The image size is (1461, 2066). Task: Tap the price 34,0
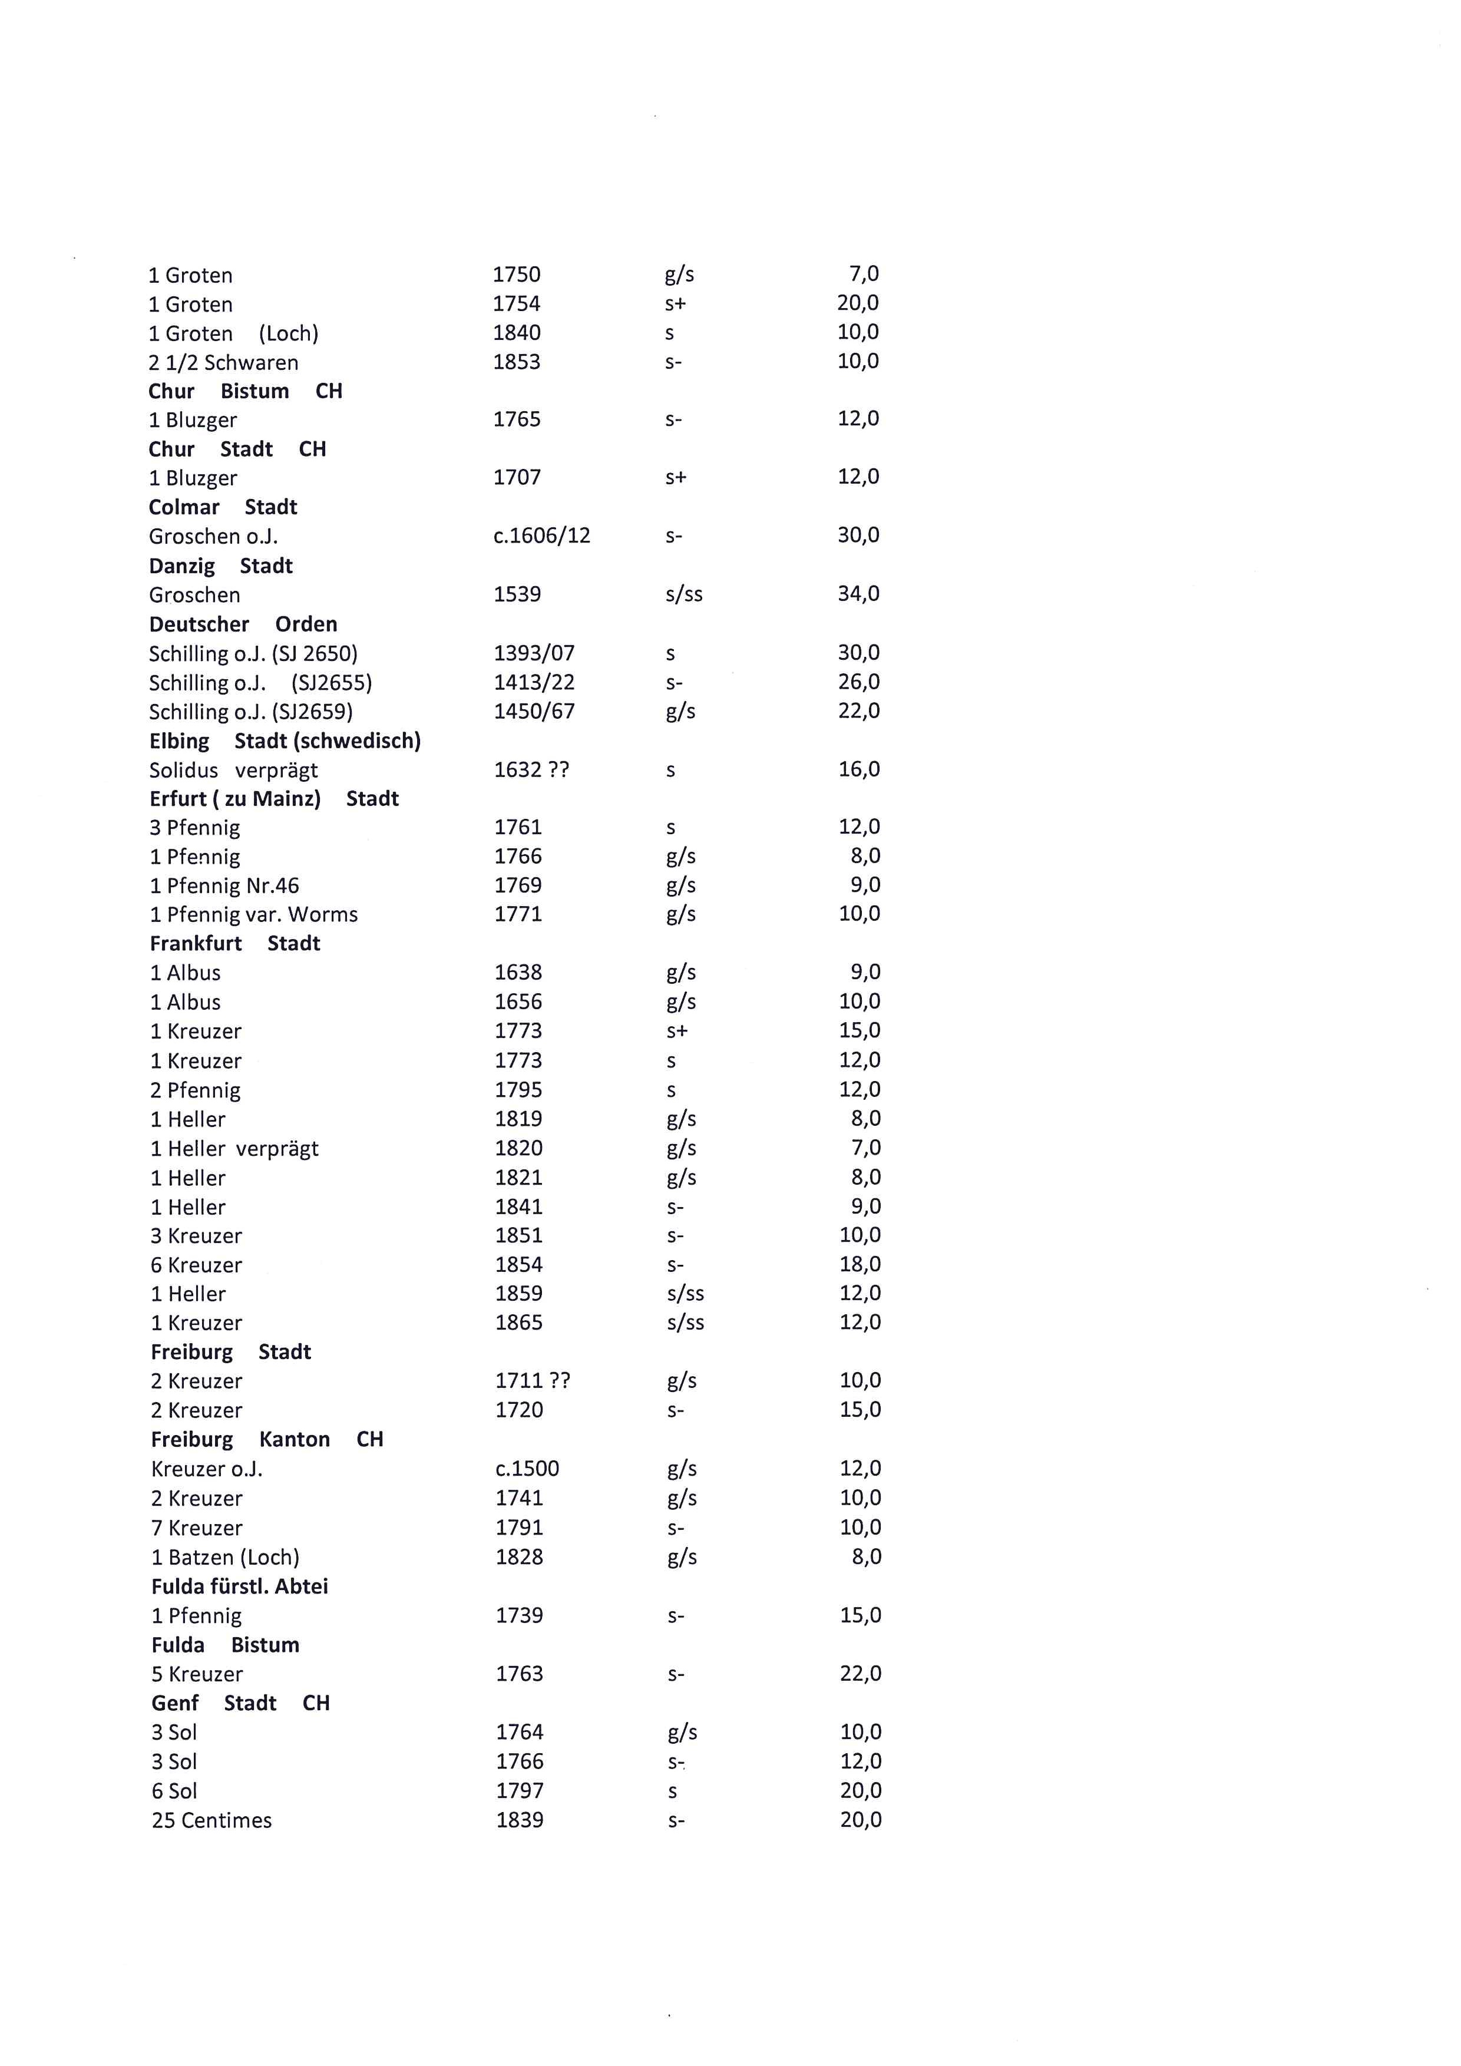pos(858,594)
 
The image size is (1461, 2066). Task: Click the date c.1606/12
pos(541,536)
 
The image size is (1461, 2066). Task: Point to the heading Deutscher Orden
pos(243,624)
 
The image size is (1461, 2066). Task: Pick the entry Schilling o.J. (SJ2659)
pos(251,712)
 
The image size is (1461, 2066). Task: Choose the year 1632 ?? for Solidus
pos(531,770)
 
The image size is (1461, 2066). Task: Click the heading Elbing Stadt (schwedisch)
pos(285,742)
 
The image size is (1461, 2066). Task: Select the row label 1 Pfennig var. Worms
pos(254,915)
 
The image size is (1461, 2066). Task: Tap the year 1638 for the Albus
pos(518,973)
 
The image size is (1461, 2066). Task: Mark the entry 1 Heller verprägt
pos(234,1149)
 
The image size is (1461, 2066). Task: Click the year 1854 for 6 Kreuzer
pos(519,1265)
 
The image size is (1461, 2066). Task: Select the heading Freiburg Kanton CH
pos(267,1440)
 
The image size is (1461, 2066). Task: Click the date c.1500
pos(527,1469)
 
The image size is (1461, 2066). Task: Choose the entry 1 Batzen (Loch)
pos(225,1558)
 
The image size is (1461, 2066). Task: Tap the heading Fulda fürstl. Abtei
pos(239,1586)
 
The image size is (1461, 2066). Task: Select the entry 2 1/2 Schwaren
pos(223,363)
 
